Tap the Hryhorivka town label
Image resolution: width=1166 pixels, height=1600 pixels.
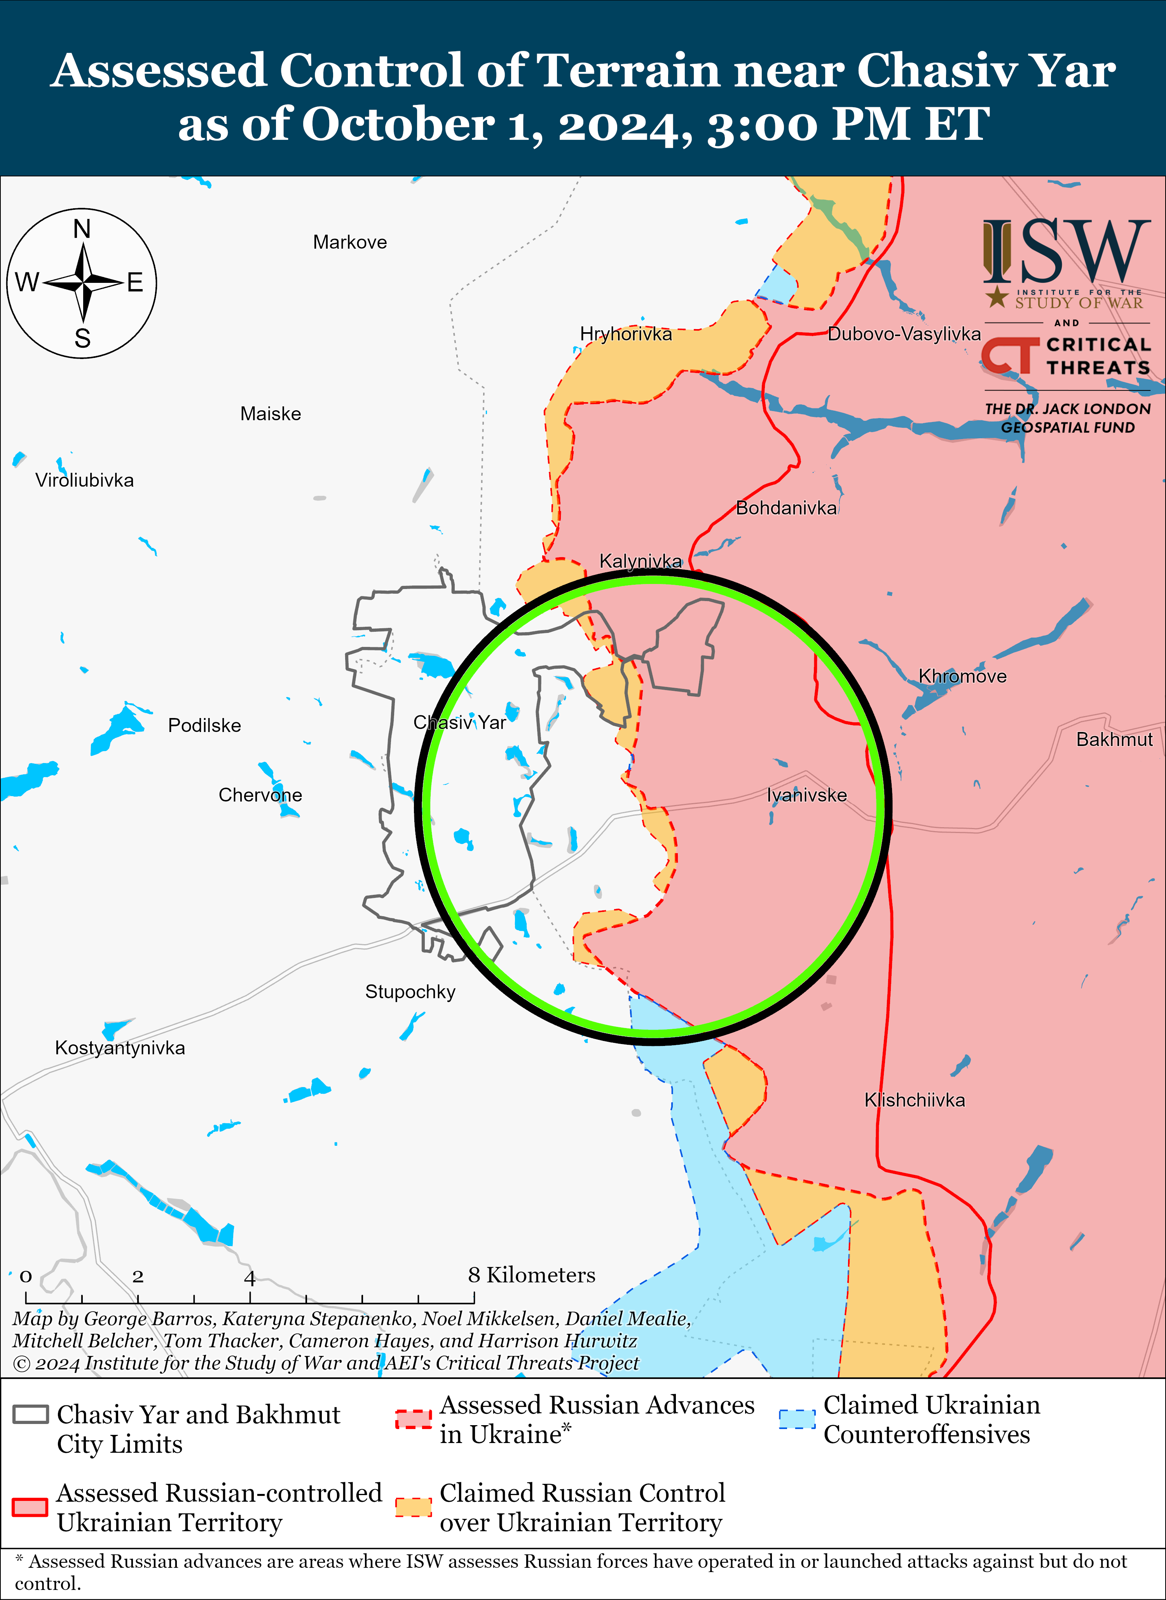pyautogui.click(x=625, y=334)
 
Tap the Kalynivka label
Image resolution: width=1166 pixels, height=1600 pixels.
pyautogui.click(x=640, y=561)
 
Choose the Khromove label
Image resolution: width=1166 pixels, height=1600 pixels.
pyautogui.click(x=962, y=676)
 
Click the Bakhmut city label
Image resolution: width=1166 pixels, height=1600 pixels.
pyautogui.click(x=1114, y=739)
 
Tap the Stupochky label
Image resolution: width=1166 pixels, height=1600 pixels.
pyautogui.click(x=410, y=992)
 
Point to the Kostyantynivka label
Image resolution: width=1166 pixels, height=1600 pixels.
pyautogui.click(x=120, y=1047)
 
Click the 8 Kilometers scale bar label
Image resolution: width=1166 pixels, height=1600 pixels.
pyautogui.click(x=531, y=1275)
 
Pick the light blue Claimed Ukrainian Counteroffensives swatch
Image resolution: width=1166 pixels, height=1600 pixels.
pyautogui.click(x=797, y=1419)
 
